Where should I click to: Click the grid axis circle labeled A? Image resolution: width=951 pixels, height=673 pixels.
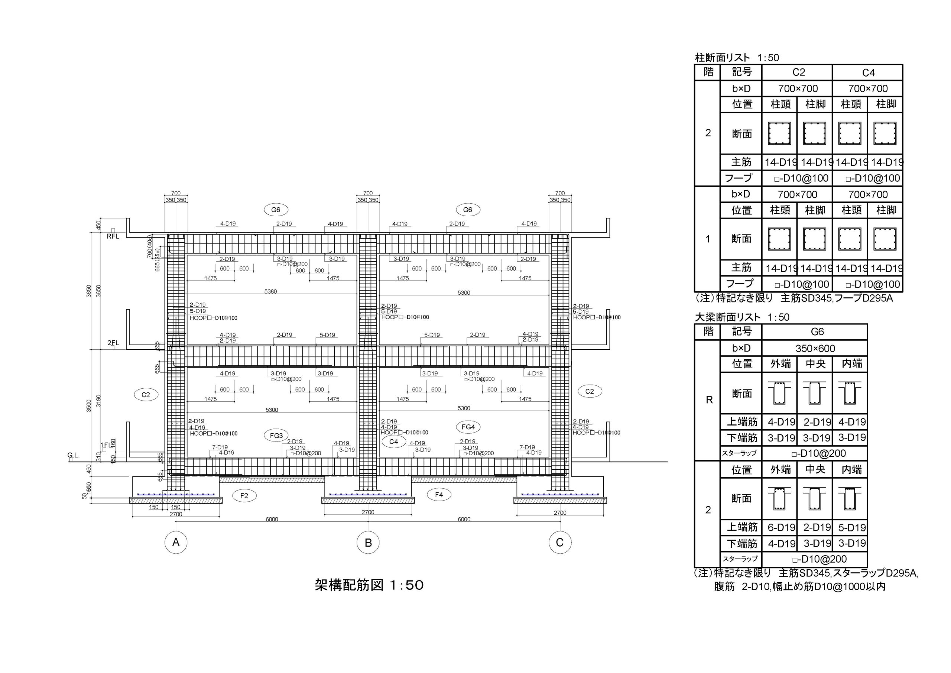coord(176,542)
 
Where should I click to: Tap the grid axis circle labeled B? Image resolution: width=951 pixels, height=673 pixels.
coord(368,542)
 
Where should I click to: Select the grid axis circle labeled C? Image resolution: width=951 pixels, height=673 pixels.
coord(559,542)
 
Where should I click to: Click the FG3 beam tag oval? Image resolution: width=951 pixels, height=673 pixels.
coord(276,436)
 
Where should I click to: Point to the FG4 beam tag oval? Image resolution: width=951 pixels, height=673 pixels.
coord(468,427)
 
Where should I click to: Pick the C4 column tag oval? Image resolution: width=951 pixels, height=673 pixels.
coord(393,442)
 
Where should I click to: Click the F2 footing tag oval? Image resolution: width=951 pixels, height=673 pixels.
coord(244,496)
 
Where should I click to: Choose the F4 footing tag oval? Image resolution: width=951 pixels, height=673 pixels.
coord(439,494)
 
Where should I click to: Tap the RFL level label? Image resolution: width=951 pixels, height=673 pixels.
coord(113,236)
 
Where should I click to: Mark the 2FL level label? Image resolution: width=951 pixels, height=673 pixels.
coord(113,343)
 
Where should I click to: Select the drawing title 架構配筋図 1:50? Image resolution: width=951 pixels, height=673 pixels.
coord(369,585)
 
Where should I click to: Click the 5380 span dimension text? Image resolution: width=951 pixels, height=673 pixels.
coord(270,292)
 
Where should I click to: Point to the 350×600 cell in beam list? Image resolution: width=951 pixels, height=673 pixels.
coord(815,349)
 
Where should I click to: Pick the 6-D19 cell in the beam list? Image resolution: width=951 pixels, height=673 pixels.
coord(781,528)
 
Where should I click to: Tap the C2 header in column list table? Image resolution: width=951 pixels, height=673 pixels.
coord(798,72)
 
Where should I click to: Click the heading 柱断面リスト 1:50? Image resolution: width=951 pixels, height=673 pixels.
coord(736,58)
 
